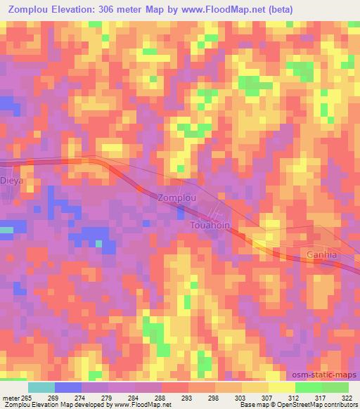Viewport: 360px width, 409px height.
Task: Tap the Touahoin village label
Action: point(211,226)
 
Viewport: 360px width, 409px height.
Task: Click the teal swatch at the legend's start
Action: point(41,387)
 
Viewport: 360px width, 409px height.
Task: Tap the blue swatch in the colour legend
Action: point(68,387)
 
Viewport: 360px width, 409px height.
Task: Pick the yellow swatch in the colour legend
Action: point(281,387)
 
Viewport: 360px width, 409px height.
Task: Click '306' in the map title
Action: point(115,9)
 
